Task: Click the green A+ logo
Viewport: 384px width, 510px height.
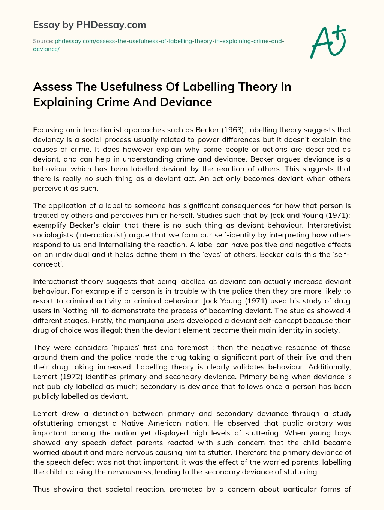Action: tap(328, 42)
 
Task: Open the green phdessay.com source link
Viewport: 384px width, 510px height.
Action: tap(169, 41)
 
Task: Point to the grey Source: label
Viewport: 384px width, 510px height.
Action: tap(43, 41)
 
